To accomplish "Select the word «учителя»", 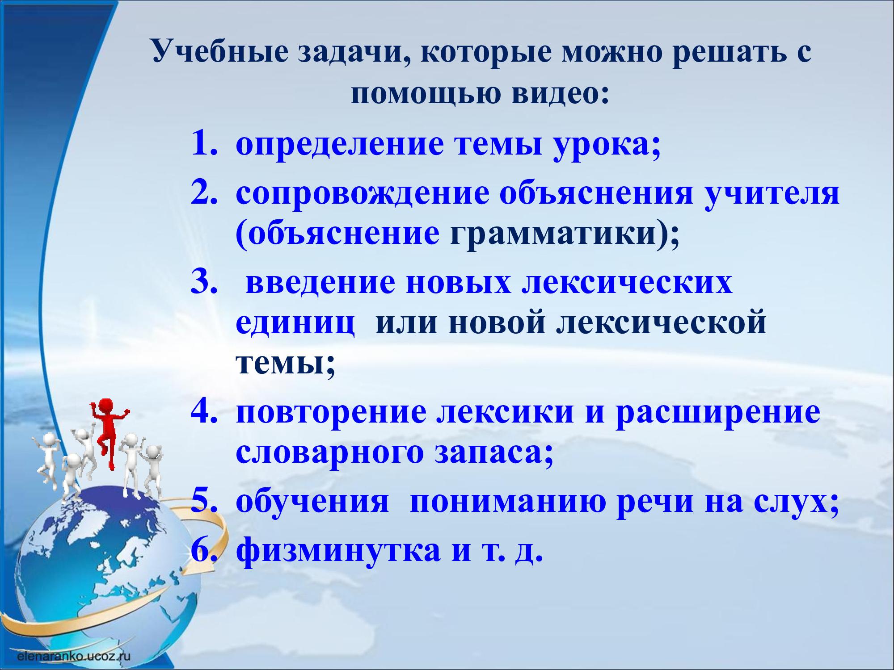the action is tap(772, 195).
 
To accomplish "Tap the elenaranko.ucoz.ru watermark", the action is tap(73, 656).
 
